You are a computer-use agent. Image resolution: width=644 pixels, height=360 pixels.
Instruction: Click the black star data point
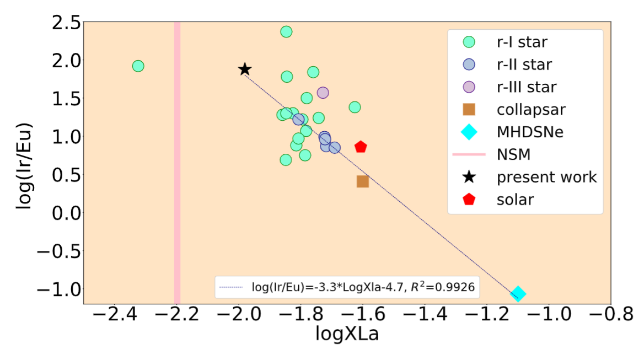(x=245, y=69)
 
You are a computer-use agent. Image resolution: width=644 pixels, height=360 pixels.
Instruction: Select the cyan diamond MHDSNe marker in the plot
(x=518, y=294)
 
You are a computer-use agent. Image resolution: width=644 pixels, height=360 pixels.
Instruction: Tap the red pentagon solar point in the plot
(x=361, y=147)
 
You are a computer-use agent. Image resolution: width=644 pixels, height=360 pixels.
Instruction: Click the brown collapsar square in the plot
(x=362, y=181)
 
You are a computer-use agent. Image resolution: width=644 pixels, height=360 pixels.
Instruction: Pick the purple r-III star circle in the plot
(x=323, y=93)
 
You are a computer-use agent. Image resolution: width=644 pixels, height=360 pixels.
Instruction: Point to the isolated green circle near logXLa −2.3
(x=138, y=66)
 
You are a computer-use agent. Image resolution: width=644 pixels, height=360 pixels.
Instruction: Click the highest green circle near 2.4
(x=286, y=31)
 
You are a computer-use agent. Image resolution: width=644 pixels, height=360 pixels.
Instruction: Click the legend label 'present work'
(x=546, y=177)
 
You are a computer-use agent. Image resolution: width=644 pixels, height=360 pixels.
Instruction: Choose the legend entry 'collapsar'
(x=531, y=109)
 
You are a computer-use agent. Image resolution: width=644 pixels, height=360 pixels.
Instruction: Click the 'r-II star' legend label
(x=524, y=64)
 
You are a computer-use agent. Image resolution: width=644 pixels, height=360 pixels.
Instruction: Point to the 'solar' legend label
(x=515, y=199)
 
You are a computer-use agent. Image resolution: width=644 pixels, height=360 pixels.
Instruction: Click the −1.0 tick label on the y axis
(x=60, y=288)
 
